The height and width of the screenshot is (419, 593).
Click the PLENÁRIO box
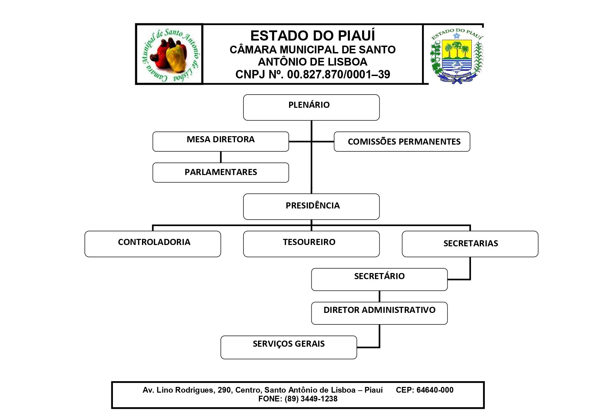point(311,107)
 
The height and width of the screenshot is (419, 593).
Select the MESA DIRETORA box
point(220,142)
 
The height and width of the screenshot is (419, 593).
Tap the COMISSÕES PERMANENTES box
point(402,142)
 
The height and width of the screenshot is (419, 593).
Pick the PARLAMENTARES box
point(220,173)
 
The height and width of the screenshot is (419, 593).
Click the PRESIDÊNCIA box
point(311,206)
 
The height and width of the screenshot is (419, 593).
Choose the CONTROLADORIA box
point(152,244)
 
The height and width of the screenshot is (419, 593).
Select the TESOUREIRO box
point(311,244)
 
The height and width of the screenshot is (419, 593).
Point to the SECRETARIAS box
point(470,244)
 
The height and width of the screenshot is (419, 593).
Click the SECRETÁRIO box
point(379,279)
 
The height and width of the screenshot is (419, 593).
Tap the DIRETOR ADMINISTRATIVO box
point(379,313)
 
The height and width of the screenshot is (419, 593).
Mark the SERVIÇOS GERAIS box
point(288,347)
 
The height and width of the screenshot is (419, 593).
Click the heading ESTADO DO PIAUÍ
point(312,35)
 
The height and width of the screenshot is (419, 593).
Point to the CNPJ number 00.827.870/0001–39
point(338,74)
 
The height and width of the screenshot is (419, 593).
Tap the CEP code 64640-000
point(435,390)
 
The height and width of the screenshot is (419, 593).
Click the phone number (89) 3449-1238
point(311,399)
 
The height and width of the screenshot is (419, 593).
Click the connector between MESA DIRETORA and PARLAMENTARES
point(221,157)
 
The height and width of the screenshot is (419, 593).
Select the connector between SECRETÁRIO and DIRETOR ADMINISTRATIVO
point(379,296)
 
